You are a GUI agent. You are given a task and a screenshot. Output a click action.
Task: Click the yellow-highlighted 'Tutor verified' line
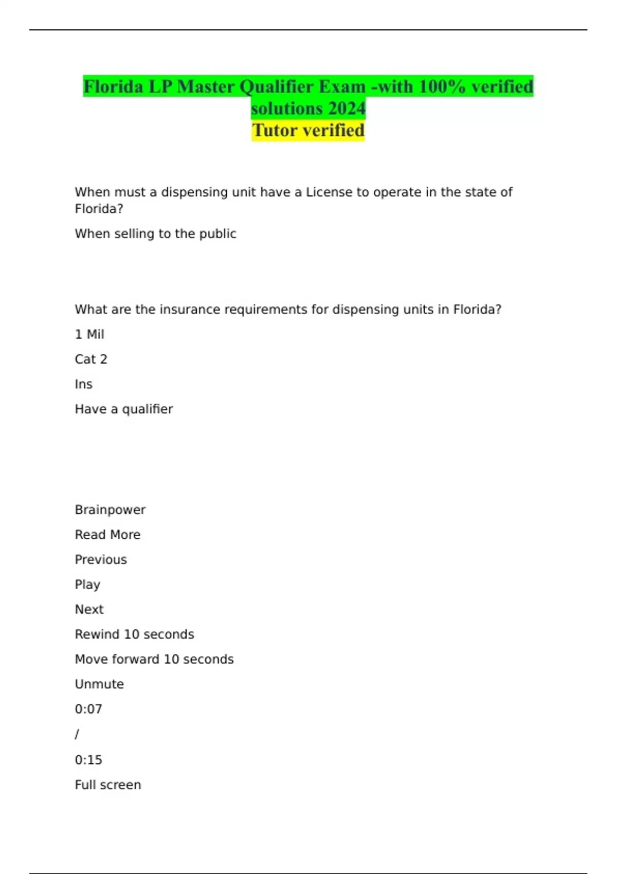tap(308, 131)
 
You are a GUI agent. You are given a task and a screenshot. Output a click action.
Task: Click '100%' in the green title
tap(442, 86)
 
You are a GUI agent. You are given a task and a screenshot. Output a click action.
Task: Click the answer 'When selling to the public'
tap(155, 234)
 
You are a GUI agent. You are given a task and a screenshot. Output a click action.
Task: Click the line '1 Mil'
tap(89, 335)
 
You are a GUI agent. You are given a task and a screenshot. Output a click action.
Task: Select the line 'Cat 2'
tap(91, 359)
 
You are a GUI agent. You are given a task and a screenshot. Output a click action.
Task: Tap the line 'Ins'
tap(83, 384)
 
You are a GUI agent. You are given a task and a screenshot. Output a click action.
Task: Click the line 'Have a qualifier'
tap(123, 409)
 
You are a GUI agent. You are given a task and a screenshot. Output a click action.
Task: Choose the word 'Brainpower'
tap(110, 510)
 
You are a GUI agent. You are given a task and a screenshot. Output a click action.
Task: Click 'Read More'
tap(107, 535)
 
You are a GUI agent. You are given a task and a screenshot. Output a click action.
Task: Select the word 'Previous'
tap(101, 559)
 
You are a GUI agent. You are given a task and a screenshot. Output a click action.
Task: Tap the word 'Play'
tap(87, 585)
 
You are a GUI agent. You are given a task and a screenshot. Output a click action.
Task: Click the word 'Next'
tap(89, 609)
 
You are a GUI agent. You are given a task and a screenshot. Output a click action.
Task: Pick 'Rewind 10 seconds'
tap(134, 634)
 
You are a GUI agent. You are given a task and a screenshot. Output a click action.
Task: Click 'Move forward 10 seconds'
tap(154, 659)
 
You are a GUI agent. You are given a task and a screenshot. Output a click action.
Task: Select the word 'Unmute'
tap(99, 684)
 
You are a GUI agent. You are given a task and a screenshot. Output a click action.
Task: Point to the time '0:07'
tap(88, 709)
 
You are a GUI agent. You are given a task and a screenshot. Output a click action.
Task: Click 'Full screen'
tap(107, 785)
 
